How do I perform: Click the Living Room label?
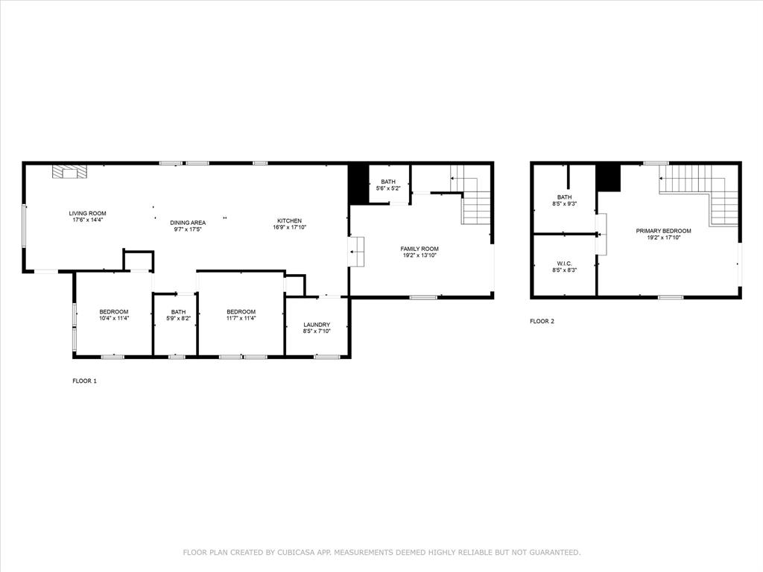(88, 213)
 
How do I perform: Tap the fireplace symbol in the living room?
(69, 172)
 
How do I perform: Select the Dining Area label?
(188, 222)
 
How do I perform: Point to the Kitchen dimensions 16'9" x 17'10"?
(289, 227)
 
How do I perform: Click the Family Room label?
(420, 249)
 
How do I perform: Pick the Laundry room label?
(317, 325)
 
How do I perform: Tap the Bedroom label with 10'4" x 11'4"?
(114, 311)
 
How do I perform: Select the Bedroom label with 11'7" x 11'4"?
(241, 311)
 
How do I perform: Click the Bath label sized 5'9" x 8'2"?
(178, 312)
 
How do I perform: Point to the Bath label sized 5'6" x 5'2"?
(388, 182)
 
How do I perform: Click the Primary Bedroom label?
(663, 231)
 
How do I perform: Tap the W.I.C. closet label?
(563, 264)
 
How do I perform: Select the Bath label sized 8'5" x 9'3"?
(563, 197)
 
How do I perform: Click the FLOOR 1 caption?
(84, 381)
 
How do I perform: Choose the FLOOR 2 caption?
(542, 321)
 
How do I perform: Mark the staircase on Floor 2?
(700, 192)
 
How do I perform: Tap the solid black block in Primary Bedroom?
(608, 178)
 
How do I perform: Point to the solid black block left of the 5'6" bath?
(358, 183)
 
